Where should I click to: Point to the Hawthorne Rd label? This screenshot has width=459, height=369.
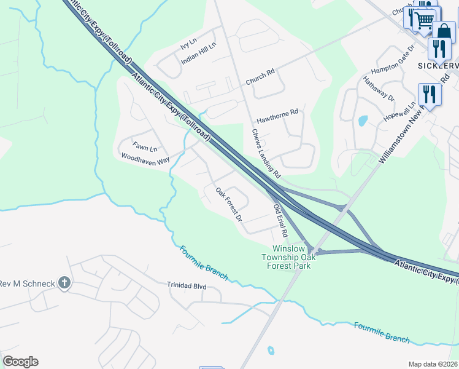tap(277, 113)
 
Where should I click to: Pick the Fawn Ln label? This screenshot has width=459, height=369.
tap(145, 148)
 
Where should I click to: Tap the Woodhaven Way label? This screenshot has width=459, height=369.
tap(145, 159)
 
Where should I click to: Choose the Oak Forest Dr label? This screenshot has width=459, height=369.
tap(229, 204)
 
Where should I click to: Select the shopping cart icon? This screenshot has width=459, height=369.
tap(424, 20)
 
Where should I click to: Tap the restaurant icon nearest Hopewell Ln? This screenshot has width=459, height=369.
tap(430, 94)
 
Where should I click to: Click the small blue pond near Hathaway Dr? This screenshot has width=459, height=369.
tap(362, 120)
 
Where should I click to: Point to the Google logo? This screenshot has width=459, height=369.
tap(20, 362)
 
